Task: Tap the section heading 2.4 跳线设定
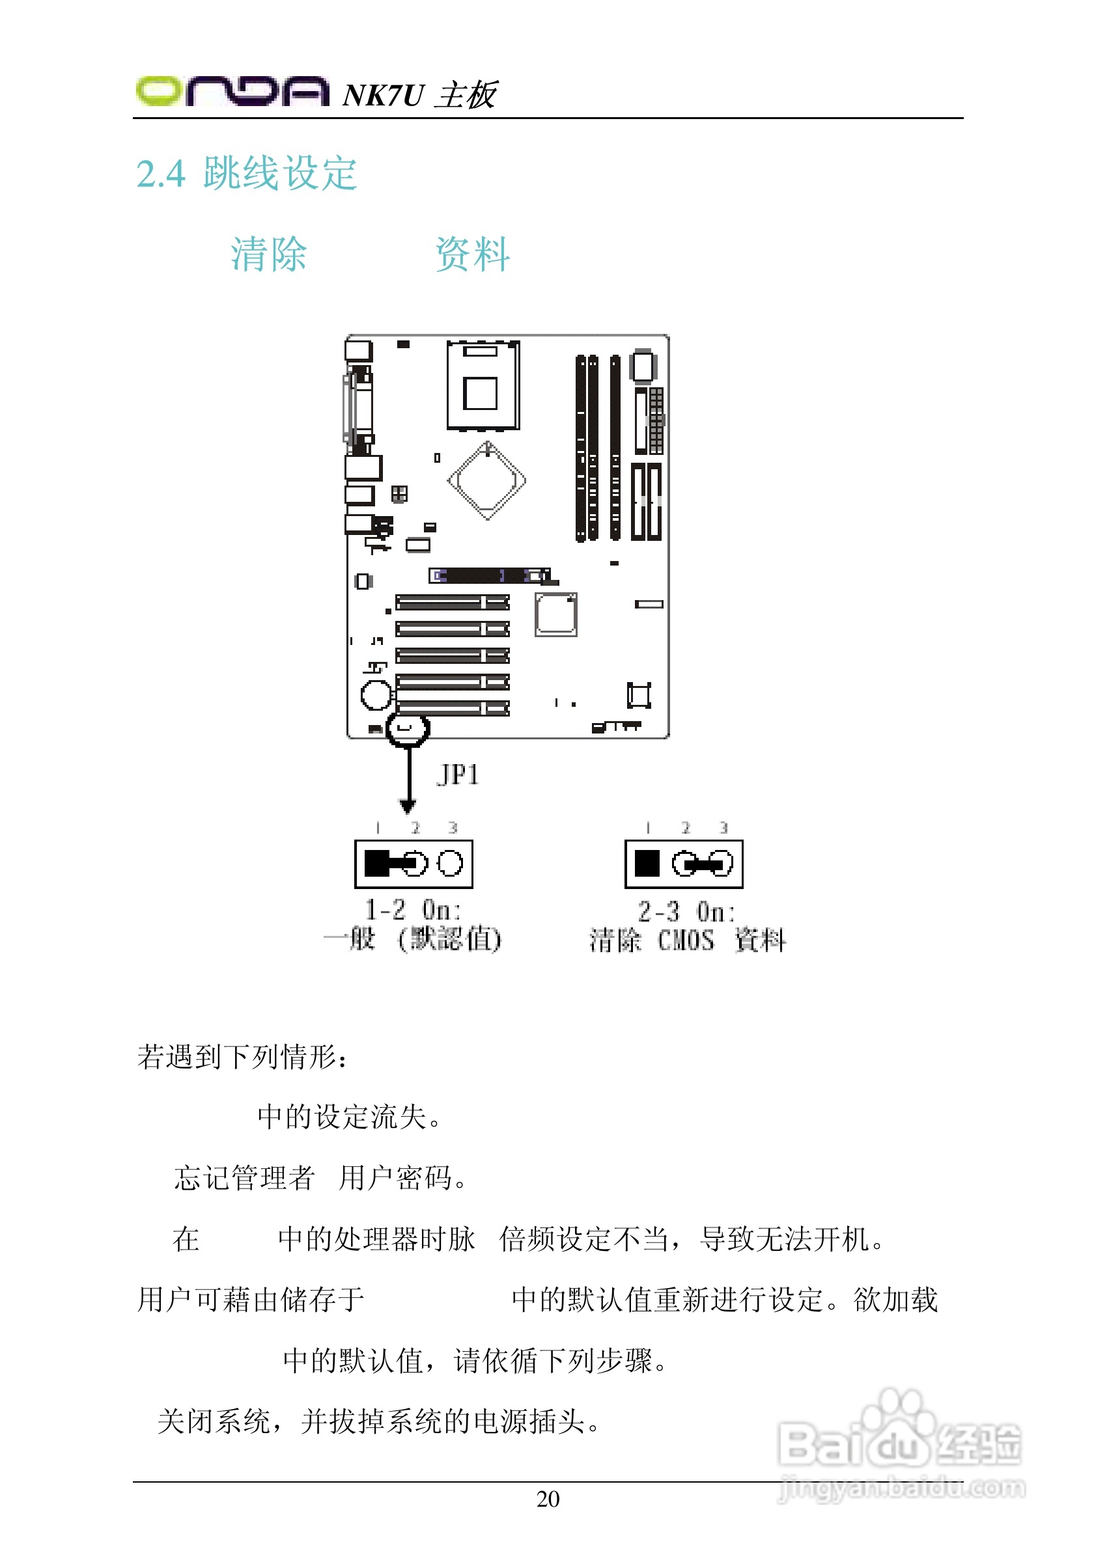click(x=246, y=173)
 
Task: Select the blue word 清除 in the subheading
click(x=268, y=254)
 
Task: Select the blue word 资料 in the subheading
click(x=472, y=254)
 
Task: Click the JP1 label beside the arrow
click(x=458, y=775)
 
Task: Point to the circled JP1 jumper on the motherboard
click(x=407, y=729)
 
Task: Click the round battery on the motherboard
click(x=376, y=694)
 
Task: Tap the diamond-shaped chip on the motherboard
click(x=486, y=480)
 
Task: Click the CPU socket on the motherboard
click(x=483, y=385)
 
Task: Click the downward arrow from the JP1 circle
click(x=408, y=782)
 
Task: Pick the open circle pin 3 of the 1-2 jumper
click(x=450, y=863)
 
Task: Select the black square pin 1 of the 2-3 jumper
click(x=647, y=863)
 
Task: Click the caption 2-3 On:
click(x=686, y=911)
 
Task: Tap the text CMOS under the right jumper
click(x=686, y=940)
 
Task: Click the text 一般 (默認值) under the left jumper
click(x=412, y=939)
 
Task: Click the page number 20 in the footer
click(x=548, y=1499)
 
